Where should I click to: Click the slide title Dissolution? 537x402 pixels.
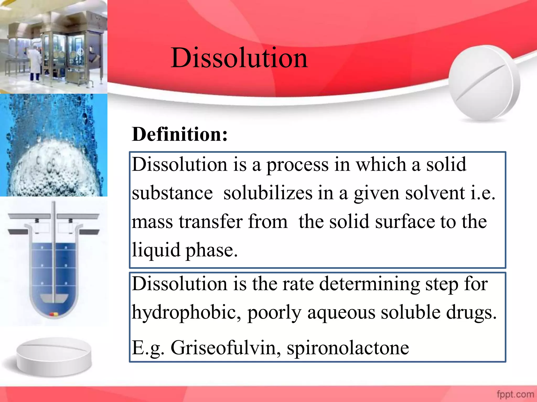239,58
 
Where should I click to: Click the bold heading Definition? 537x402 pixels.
180,134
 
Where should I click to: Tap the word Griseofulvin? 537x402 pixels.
225,348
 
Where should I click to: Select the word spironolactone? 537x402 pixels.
348,348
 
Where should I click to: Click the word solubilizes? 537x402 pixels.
268,193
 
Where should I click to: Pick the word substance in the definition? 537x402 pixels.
172,193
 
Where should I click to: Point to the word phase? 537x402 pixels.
211,250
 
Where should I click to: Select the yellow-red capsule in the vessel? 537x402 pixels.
54,314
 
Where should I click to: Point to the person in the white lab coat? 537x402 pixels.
35,63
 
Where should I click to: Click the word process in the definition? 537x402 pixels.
297,165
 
